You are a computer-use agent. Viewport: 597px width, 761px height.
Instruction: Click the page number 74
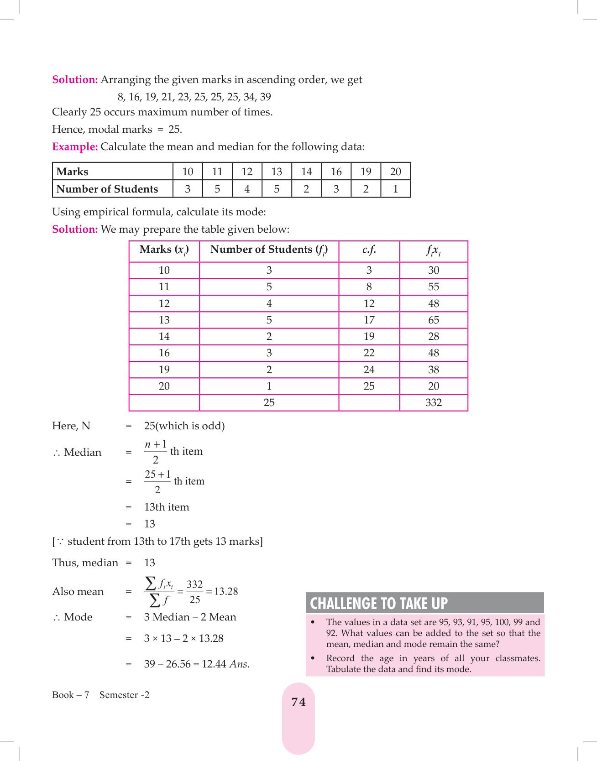pos(298,702)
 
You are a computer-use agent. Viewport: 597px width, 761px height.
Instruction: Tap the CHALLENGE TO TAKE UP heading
pos(379,603)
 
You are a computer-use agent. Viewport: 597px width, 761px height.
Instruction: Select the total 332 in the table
pos(433,402)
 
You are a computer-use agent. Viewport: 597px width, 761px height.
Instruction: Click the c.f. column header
pos(369,250)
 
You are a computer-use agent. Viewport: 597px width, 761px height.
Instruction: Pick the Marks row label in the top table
pos(73,172)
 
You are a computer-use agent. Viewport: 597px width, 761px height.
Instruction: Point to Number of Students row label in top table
pos(107,189)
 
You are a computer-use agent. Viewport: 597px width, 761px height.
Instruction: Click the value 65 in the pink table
pos(433,320)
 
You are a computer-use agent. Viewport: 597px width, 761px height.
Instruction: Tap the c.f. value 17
pos(369,320)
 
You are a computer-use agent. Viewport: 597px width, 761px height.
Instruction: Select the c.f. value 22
pos(369,353)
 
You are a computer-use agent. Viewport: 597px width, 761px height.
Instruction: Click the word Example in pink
pos(75,146)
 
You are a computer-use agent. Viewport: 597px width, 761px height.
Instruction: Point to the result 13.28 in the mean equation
pos(226,591)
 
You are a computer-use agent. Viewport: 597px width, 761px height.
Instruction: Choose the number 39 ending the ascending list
pos(265,97)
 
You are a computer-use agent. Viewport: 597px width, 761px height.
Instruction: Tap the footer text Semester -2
pos(124,695)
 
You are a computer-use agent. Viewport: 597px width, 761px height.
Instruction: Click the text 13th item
pos(166,507)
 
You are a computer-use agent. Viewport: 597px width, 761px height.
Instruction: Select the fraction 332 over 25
pos(195,592)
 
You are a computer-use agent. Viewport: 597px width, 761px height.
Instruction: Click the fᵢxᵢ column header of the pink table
pos(433,250)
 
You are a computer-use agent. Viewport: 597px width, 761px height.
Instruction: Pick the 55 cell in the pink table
pos(433,287)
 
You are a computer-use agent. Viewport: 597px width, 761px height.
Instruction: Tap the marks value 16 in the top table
pos(336,172)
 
